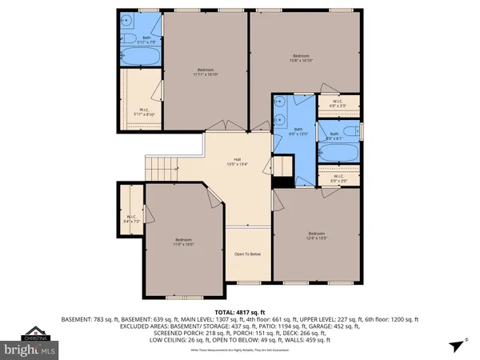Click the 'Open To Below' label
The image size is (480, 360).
pyautogui.click(x=247, y=254)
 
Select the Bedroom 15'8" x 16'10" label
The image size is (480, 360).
pyautogui.click(x=300, y=58)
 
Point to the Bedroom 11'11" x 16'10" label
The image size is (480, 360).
pyautogui.click(x=206, y=72)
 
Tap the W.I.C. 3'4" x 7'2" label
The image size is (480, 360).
pyautogui.click(x=132, y=218)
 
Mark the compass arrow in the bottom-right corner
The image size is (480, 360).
pyautogui.click(x=454, y=345)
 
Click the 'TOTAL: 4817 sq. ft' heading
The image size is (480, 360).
pyautogui.click(x=240, y=311)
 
